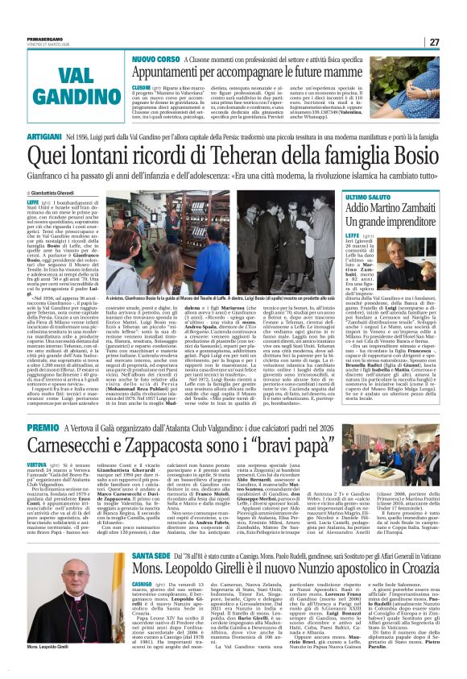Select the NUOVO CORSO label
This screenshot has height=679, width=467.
point(156,59)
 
